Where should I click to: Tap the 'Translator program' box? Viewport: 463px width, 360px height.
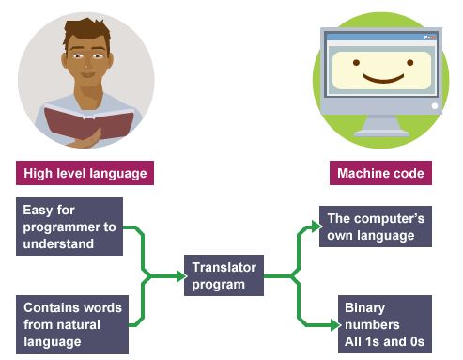point(224,276)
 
